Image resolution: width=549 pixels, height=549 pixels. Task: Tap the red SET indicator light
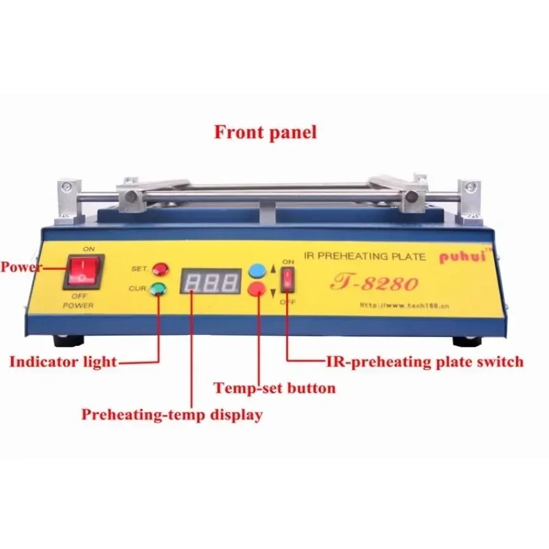pos(161,269)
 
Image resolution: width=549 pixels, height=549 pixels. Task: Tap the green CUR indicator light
pos(159,288)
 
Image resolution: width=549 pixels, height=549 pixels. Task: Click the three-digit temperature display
pos(211,281)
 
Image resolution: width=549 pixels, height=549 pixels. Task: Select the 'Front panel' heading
pos(266,132)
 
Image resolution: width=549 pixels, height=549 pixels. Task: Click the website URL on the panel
pos(404,306)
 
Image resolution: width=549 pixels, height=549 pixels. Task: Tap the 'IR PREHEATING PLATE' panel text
pos(365,256)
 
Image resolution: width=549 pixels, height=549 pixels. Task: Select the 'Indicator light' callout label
pos(63,362)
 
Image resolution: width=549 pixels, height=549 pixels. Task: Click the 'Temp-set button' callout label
pos(274,388)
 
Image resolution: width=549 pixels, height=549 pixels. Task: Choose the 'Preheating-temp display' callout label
pos(172,414)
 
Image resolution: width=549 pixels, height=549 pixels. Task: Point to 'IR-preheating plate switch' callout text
pos(425,362)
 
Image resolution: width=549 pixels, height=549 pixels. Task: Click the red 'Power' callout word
pos(21,267)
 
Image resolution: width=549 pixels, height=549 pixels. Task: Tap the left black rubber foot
pos(69,340)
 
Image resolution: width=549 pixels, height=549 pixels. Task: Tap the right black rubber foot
pos(468,341)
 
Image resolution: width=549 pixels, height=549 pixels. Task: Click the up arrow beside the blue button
pos(273,270)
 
